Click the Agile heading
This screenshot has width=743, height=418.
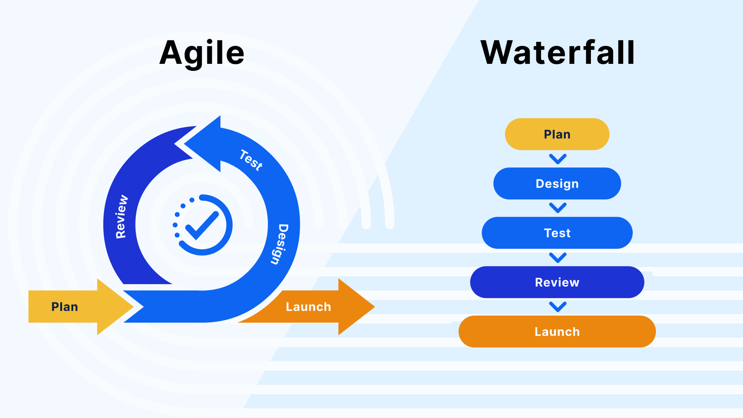click(202, 53)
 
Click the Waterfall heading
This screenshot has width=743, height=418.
click(557, 53)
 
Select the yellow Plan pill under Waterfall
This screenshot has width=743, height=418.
click(557, 134)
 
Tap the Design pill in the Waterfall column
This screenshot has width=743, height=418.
click(557, 183)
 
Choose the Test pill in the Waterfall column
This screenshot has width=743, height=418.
click(557, 233)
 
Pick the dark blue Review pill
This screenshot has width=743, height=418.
click(557, 282)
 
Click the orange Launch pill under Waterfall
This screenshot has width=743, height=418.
click(557, 332)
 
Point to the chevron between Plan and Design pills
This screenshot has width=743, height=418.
click(558, 159)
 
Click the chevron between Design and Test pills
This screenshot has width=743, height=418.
click(558, 208)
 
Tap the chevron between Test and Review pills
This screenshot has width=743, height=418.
click(558, 257)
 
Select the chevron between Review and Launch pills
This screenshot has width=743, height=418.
click(558, 307)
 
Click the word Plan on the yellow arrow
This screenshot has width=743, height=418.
click(65, 307)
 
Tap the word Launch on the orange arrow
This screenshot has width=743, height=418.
click(308, 307)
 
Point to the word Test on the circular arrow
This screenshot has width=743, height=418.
click(251, 160)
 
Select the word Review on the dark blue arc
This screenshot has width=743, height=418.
click(121, 217)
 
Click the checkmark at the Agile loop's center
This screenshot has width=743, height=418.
click(202, 226)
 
